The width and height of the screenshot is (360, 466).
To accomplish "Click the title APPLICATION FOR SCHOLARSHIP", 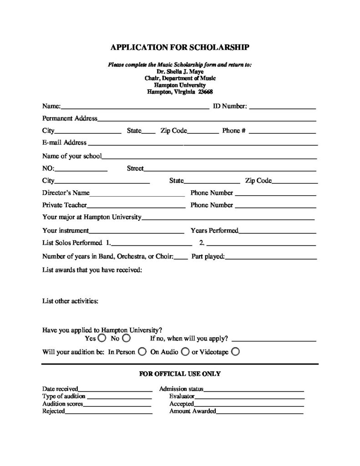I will click(x=180, y=47).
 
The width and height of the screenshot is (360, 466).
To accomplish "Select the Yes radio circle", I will click(x=101, y=339).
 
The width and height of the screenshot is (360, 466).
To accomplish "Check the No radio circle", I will click(x=127, y=339).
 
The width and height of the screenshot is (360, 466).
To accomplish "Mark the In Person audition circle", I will click(x=142, y=352).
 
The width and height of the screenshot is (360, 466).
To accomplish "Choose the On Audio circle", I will click(x=185, y=352).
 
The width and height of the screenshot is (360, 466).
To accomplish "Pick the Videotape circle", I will click(x=235, y=352).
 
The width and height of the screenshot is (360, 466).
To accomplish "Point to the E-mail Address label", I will click(x=64, y=142).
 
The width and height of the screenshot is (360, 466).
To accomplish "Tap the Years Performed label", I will click(x=214, y=230).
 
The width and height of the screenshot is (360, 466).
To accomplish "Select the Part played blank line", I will click(x=271, y=258).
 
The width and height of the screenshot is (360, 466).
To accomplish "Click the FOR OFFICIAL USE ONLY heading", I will click(x=180, y=374).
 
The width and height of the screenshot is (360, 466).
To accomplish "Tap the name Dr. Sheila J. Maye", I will click(x=180, y=71).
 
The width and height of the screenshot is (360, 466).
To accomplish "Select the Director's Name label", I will click(x=66, y=193).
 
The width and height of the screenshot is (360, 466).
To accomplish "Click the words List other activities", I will click(x=71, y=301).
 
